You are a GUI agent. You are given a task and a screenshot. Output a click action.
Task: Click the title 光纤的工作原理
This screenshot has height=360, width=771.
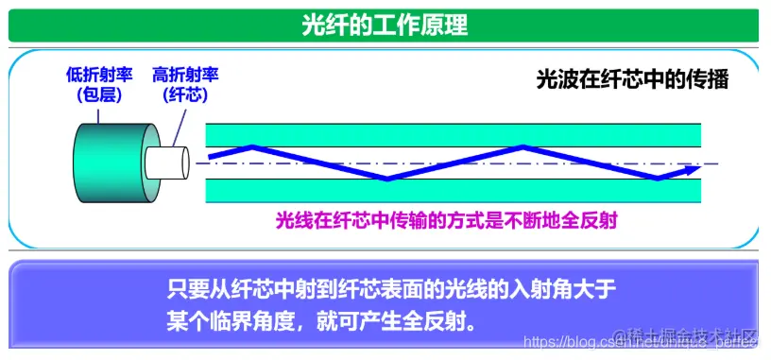[385, 24]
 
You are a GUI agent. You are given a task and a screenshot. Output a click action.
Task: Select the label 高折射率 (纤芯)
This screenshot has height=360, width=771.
[185, 83]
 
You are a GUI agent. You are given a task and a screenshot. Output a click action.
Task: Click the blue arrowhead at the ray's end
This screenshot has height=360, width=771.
[692, 170]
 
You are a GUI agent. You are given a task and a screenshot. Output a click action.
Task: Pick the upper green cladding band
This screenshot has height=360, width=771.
[454, 134]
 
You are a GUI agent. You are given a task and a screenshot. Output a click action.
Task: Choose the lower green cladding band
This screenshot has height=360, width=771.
[454, 190]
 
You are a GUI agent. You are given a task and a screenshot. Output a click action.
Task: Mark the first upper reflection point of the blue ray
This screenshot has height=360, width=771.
[251, 146]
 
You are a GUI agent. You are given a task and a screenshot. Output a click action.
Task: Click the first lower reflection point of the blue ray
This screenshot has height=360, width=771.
[385, 179]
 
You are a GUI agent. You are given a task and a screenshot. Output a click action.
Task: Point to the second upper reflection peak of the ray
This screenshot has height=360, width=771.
[523, 146]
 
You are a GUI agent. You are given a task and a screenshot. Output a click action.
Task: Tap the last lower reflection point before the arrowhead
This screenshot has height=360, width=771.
[658, 178]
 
